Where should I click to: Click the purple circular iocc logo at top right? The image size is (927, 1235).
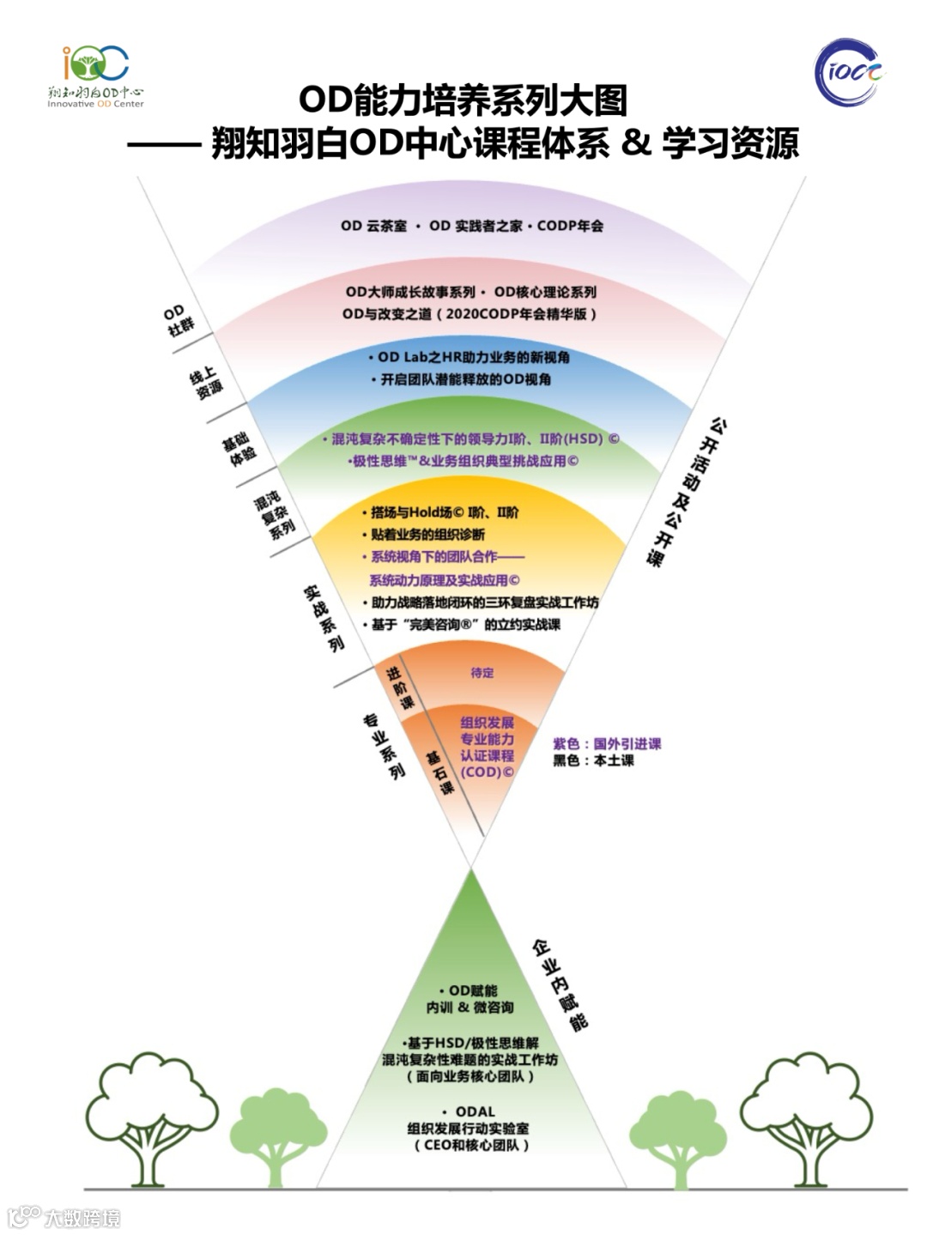(849, 72)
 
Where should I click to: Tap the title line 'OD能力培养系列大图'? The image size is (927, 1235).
(463, 100)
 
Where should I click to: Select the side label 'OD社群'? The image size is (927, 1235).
(178, 319)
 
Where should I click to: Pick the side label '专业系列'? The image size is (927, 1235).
(384, 745)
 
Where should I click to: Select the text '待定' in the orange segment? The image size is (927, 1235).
(482, 673)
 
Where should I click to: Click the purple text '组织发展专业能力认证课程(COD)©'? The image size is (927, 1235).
(487, 747)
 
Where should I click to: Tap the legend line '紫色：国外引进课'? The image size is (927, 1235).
(607, 743)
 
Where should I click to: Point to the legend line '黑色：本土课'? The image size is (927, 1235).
(593, 760)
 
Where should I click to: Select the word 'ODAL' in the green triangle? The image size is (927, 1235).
(475, 1111)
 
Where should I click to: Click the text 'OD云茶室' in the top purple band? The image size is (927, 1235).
(373, 226)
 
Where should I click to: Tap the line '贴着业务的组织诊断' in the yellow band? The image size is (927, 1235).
(427, 534)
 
